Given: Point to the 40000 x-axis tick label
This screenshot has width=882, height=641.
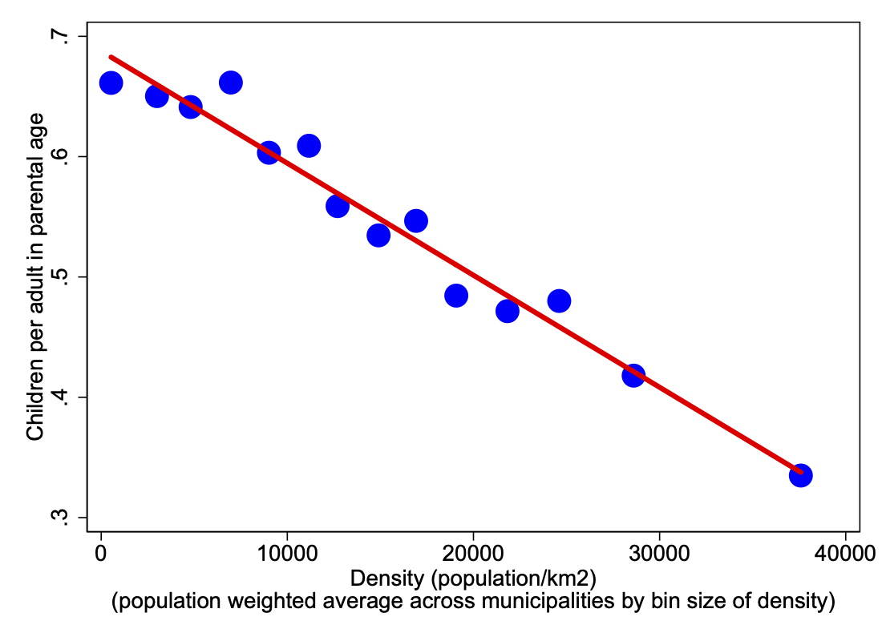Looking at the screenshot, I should [x=845, y=554].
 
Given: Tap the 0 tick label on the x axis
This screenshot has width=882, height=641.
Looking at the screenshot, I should [x=101, y=554].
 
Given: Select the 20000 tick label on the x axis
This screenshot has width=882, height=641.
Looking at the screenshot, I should [x=473, y=554].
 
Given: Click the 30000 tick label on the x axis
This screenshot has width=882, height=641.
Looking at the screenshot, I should [x=659, y=554].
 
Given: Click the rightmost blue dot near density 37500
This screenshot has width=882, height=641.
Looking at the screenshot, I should [x=800, y=475].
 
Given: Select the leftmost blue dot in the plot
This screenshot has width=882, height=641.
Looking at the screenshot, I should [x=111, y=83].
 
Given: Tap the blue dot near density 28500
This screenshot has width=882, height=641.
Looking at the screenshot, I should [x=633, y=375].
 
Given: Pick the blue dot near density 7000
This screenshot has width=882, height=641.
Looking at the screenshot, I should [x=231, y=83].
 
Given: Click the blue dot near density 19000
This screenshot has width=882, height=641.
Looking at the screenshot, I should [x=456, y=296].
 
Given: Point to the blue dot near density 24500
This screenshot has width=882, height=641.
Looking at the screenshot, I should [x=559, y=301].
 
